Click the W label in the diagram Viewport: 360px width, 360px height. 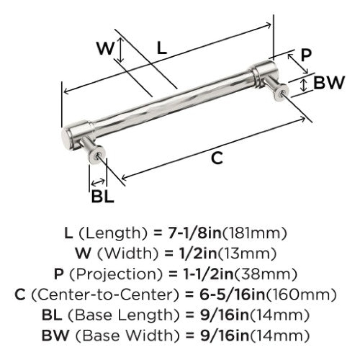click(105, 48)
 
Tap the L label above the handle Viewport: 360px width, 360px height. click(162, 48)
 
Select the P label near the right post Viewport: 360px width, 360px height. click(306, 55)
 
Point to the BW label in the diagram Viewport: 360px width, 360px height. click(329, 82)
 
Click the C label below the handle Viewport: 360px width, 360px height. click(217, 158)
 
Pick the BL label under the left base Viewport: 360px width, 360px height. click(103, 196)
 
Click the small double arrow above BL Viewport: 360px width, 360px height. click(98, 183)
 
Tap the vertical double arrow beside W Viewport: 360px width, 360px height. click(121, 50)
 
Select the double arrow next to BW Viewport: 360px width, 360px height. click(303, 85)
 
